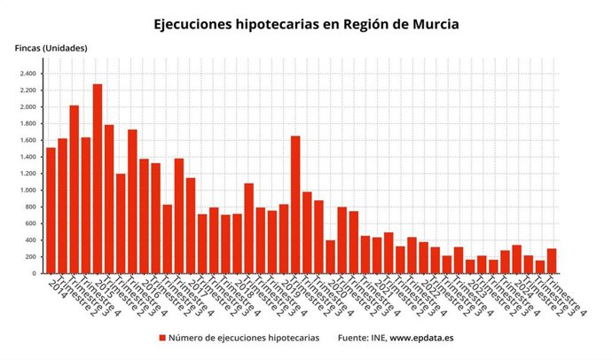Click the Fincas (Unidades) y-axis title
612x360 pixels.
51,47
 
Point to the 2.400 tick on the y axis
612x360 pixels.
26,74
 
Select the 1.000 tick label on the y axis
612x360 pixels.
26,191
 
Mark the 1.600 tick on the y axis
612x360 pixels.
26,140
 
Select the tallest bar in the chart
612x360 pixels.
98,178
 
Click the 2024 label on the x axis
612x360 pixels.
522,286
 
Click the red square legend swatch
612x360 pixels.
162,338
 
